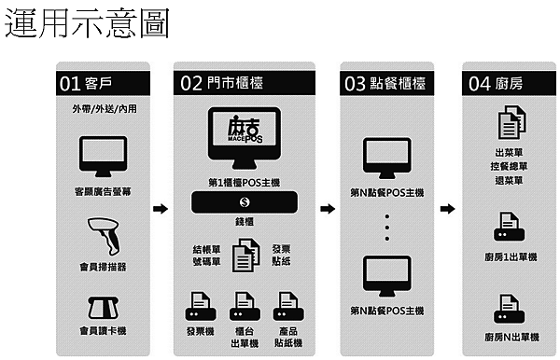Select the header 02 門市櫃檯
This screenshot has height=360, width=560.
(221, 83)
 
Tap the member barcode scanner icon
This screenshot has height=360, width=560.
(102, 235)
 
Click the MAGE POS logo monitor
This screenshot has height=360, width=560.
(245, 138)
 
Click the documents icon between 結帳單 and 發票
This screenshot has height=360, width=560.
(245, 255)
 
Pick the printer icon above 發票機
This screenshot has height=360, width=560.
(202, 305)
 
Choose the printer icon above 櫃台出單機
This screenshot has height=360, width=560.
(245, 305)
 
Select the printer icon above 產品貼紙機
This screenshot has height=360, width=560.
(287, 305)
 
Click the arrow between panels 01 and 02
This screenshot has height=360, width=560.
(160, 209)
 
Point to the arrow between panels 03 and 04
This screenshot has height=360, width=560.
(448, 209)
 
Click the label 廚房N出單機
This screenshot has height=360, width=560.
(509, 336)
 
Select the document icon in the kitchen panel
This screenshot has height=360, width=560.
(508, 123)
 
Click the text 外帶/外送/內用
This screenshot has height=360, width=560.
(103, 110)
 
